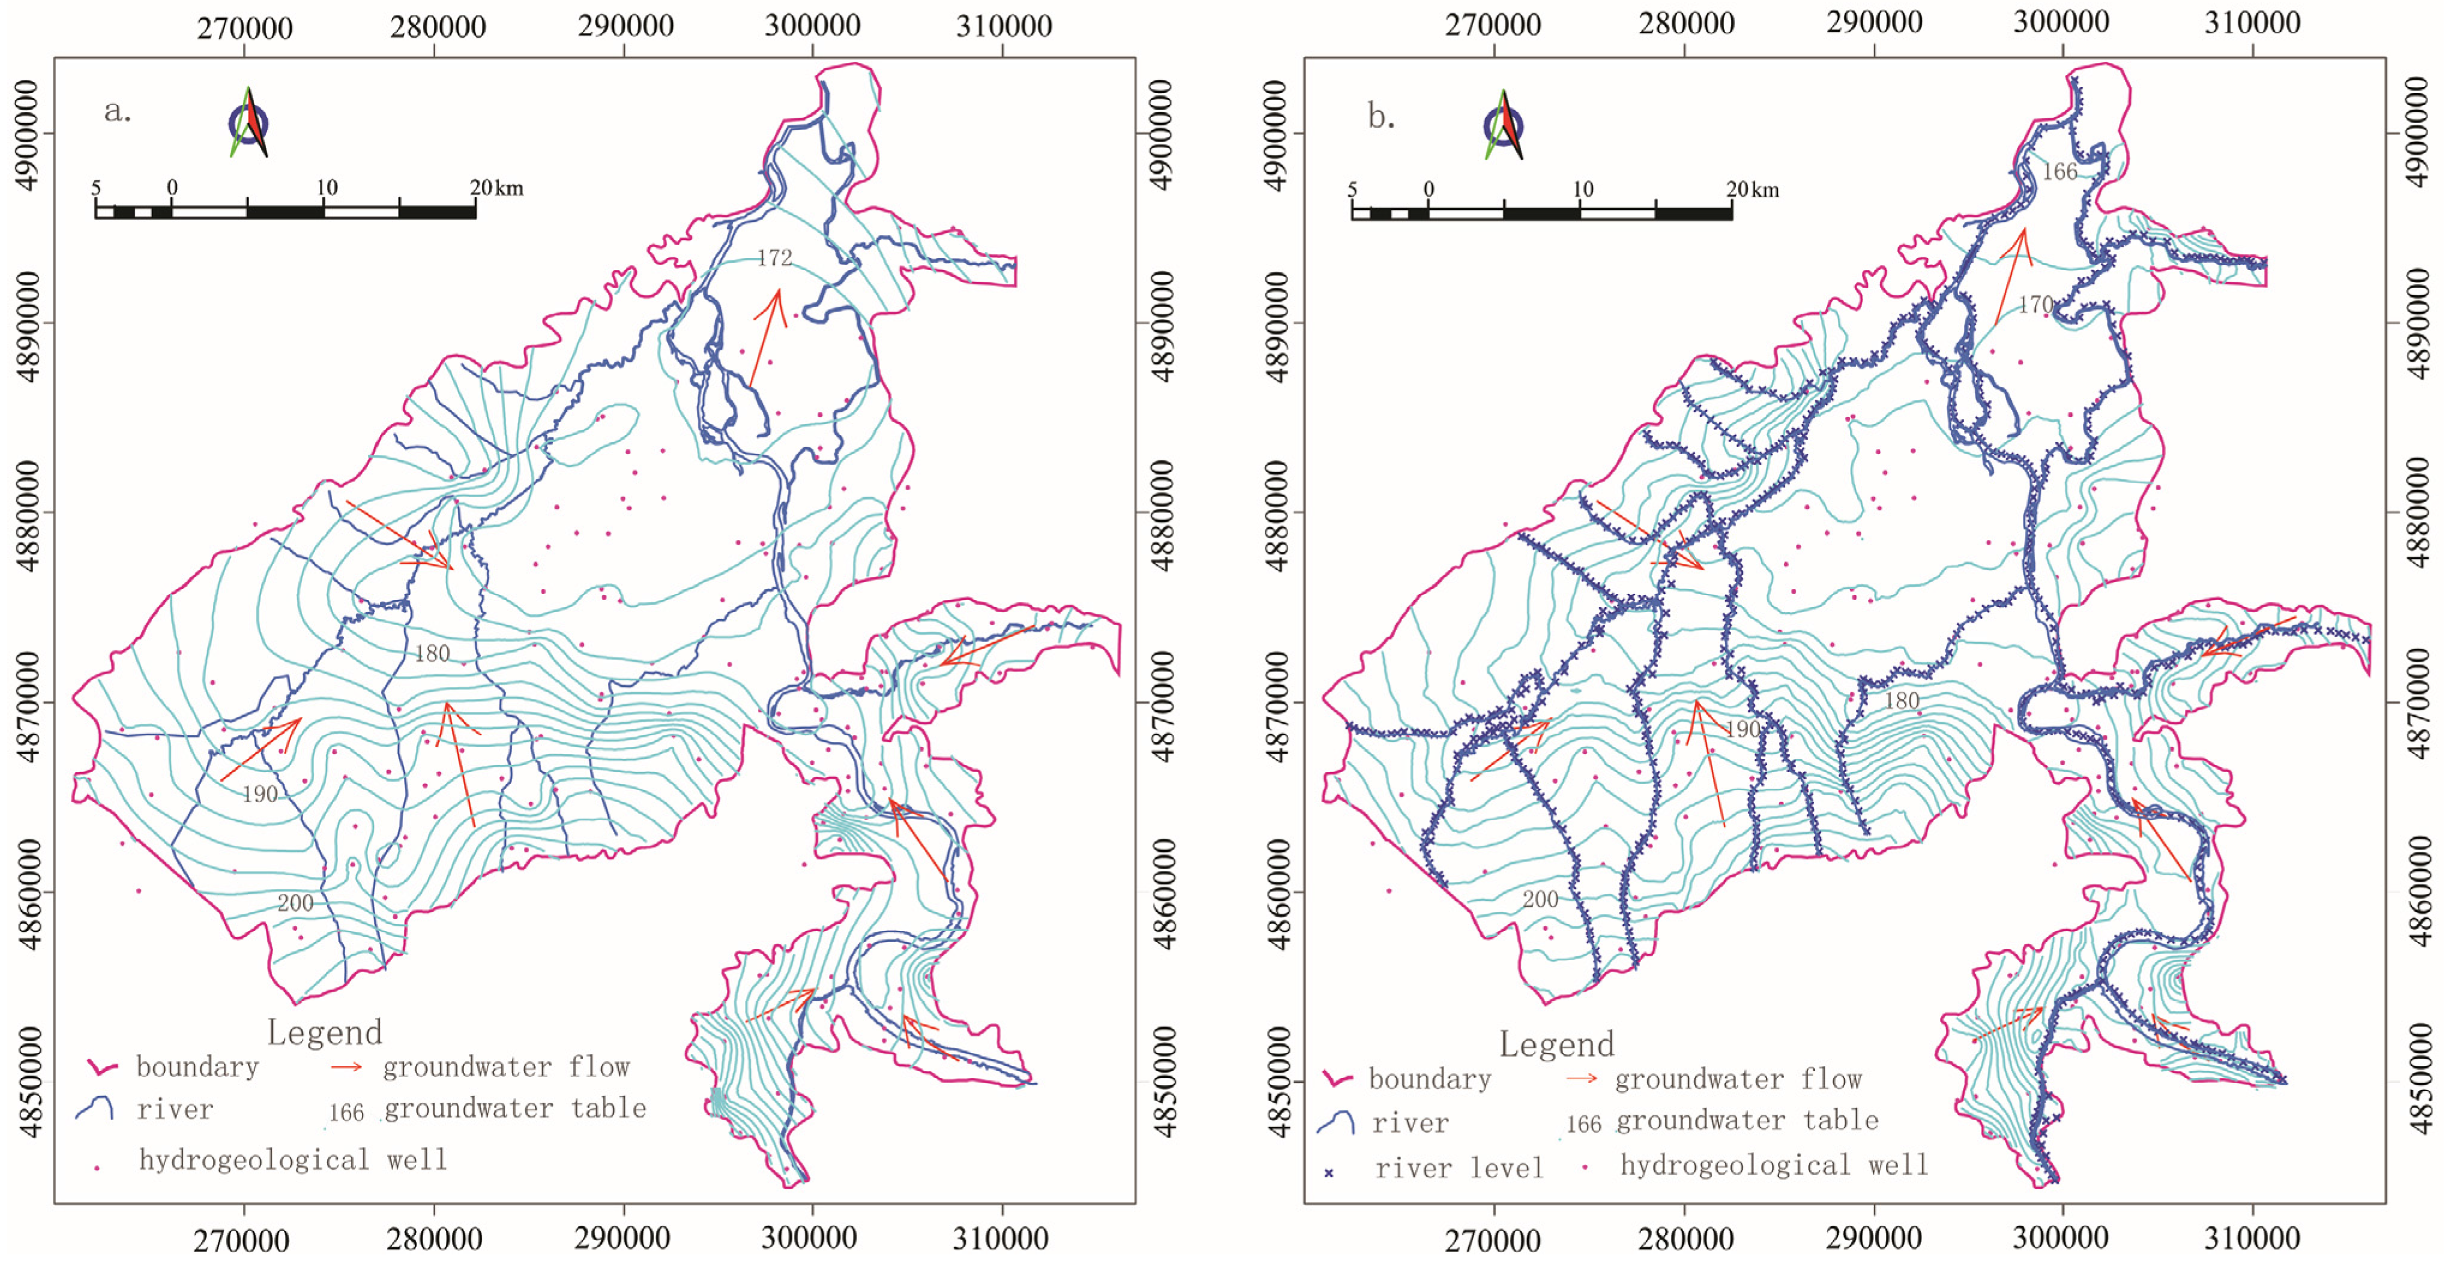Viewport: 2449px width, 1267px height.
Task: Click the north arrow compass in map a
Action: pyautogui.click(x=248, y=122)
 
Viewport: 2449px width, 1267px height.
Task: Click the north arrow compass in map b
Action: pyautogui.click(x=1503, y=125)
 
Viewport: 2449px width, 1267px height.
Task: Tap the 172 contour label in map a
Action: pyautogui.click(x=775, y=257)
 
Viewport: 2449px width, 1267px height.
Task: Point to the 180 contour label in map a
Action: pyautogui.click(x=432, y=653)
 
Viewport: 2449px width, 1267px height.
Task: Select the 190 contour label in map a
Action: pyautogui.click(x=259, y=794)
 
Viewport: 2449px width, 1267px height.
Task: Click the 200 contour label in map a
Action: pyautogui.click(x=295, y=903)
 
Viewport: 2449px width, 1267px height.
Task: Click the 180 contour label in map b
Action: pyautogui.click(x=1902, y=701)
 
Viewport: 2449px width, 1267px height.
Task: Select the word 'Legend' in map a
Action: pyautogui.click(x=324, y=1032)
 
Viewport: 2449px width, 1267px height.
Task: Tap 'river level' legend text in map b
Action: pyautogui.click(x=1459, y=1168)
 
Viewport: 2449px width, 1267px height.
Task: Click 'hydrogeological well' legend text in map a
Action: pyautogui.click(x=293, y=1160)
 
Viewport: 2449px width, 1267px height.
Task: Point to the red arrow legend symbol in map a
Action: pyautogui.click(x=346, y=1067)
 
